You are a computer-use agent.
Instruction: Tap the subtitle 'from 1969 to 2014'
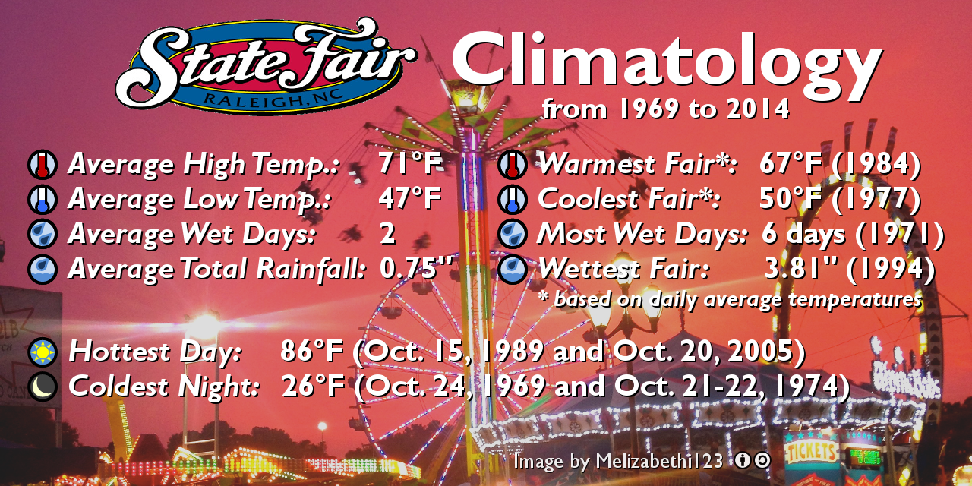coord(665,109)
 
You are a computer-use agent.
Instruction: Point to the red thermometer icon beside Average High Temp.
coord(43,165)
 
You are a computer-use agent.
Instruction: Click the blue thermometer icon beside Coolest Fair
coord(513,200)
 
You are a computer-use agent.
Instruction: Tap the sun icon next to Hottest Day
coord(43,353)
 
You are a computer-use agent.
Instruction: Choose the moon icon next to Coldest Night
coord(43,387)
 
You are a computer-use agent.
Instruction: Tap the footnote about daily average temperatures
coord(729,298)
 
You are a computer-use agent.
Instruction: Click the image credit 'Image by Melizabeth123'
coord(617,461)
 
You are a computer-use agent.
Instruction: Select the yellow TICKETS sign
coord(810,453)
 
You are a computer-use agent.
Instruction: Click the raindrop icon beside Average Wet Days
coord(43,234)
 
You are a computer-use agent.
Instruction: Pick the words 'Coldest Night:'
coord(164,387)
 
